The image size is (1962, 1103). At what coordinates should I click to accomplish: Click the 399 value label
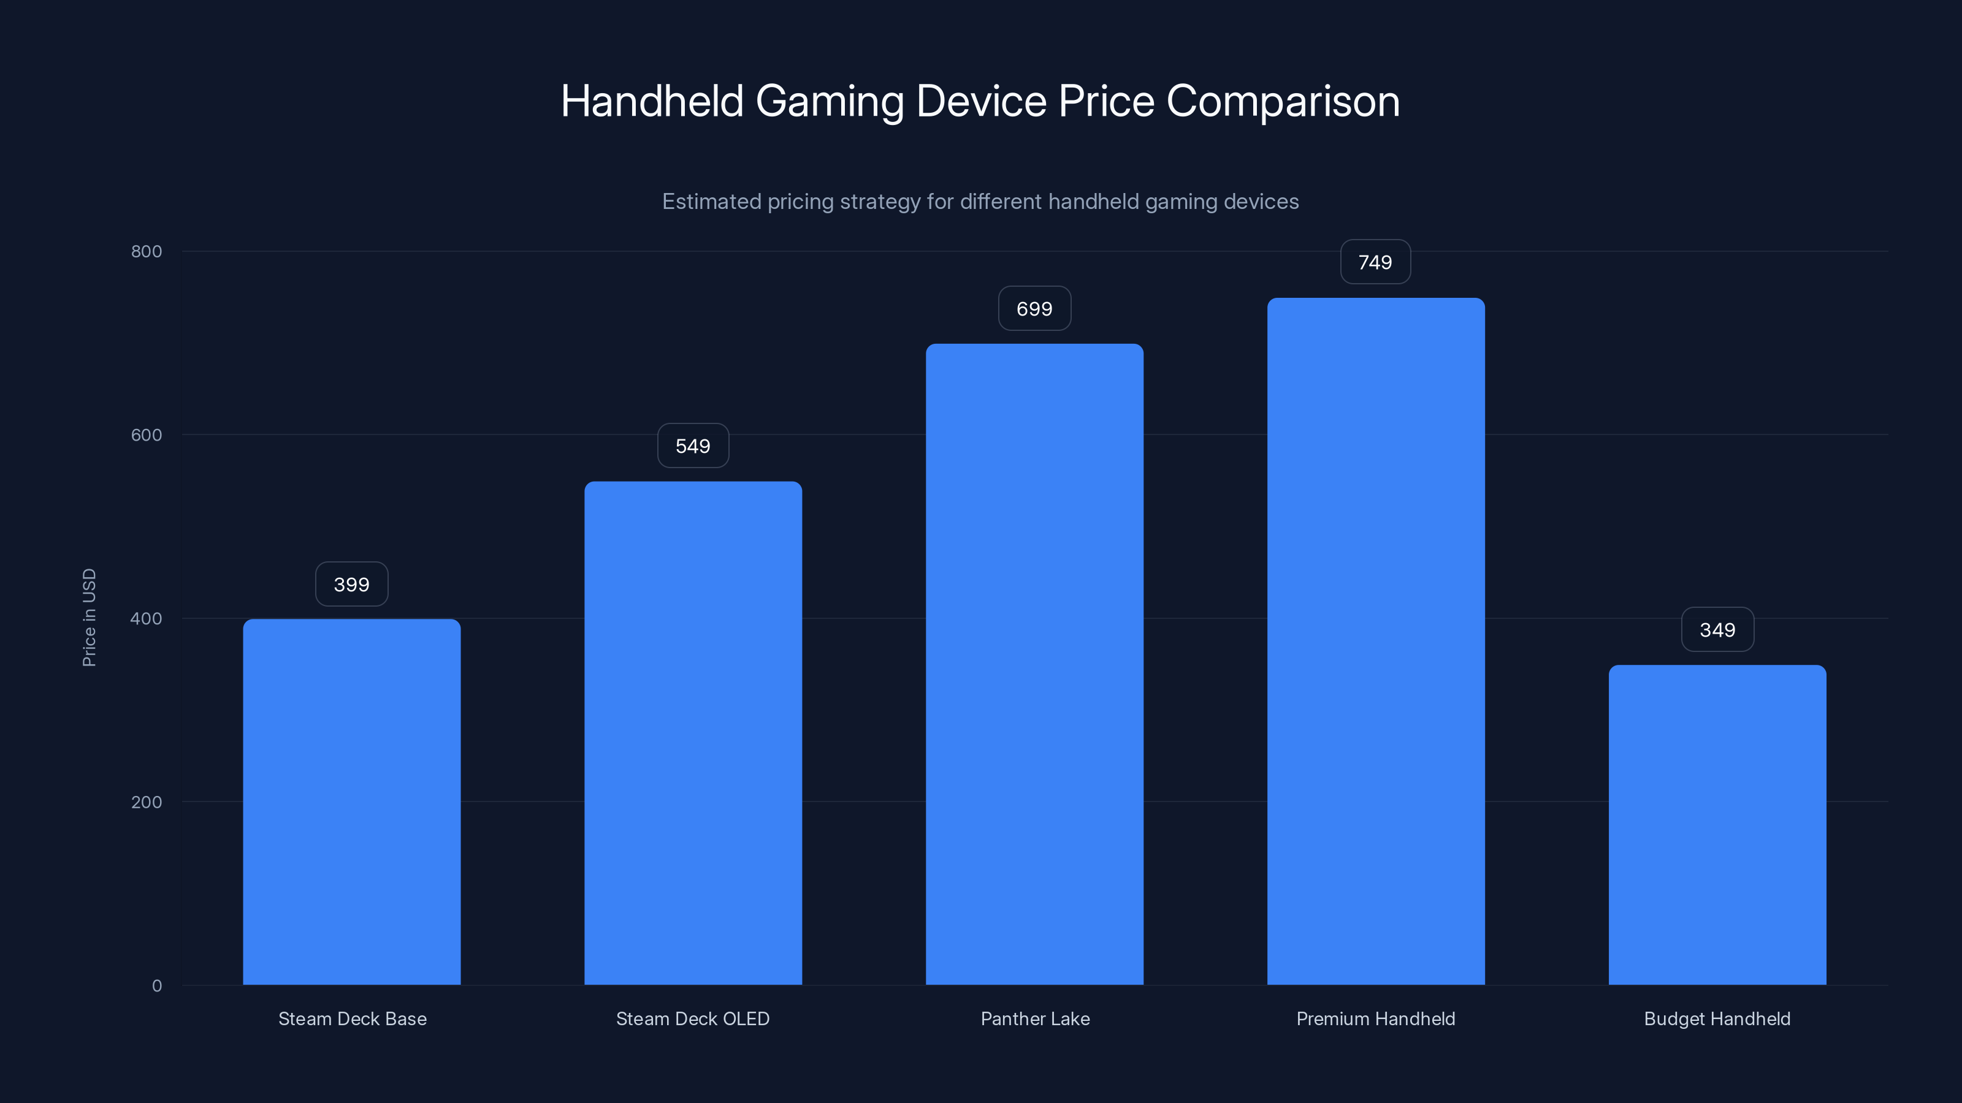click(x=351, y=585)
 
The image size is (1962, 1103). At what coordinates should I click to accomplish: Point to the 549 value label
click(x=692, y=446)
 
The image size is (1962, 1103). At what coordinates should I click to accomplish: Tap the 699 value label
click(x=1034, y=309)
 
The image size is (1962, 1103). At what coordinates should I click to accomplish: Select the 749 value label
click(x=1375, y=263)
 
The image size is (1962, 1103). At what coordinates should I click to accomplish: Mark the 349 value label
click(x=1717, y=631)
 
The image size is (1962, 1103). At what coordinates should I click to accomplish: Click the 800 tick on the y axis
click(x=147, y=251)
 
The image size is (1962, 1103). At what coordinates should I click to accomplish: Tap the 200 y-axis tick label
click(x=147, y=802)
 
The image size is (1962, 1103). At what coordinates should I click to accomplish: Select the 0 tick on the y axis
click(x=157, y=986)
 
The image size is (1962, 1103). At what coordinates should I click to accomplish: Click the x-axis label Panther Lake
click(x=1034, y=1018)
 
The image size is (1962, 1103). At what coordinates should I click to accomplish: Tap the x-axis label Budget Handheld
click(x=1717, y=1018)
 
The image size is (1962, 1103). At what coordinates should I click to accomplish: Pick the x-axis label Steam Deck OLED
click(x=692, y=1018)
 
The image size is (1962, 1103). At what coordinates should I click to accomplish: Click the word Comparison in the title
click(x=1283, y=101)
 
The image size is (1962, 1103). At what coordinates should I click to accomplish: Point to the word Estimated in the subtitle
click(x=711, y=202)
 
